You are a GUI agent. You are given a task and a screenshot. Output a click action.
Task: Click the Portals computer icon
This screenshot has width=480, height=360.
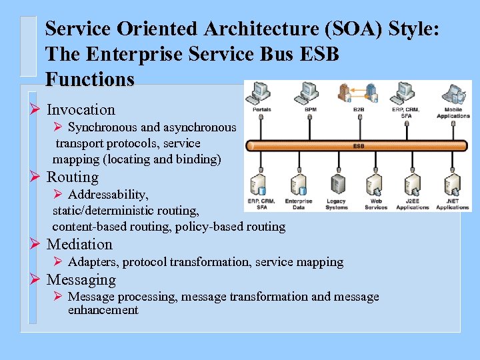coord(261,92)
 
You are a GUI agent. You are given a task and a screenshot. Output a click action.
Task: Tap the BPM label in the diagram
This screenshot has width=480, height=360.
coord(311,109)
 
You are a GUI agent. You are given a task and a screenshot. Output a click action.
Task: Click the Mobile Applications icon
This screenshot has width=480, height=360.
coord(453,94)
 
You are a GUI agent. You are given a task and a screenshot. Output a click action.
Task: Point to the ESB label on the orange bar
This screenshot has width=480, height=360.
coord(359,146)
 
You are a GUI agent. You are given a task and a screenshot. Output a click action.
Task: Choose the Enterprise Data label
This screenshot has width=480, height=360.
coord(298,204)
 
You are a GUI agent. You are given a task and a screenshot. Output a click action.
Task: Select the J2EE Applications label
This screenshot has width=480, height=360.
coord(413,204)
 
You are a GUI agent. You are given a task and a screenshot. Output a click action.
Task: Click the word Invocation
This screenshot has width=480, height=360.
coord(81,110)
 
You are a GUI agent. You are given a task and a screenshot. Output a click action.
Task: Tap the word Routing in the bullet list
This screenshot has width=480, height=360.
coord(73,177)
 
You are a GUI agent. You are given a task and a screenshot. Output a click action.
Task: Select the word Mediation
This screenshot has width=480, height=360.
coord(79,245)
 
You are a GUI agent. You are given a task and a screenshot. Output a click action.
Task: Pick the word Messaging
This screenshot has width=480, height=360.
coord(81,280)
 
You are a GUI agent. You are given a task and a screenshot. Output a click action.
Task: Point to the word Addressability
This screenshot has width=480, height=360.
coord(108,195)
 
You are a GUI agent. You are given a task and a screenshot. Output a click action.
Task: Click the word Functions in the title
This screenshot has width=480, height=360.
coord(90,80)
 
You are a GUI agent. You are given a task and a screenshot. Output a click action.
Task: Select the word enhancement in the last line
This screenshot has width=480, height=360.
coord(103,310)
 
